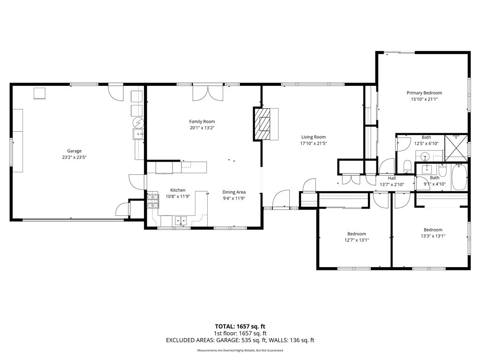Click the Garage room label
click(x=74, y=151)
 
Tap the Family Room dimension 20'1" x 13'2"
click(x=202, y=128)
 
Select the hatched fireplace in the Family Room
click(x=263, y=124)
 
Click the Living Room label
click(x=313, y=137)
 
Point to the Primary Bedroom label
click(x=424, y=93)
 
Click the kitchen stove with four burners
click(x=153, y=201)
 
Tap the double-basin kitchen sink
click(x=180, y=220)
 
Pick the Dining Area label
click(x=233, y=192)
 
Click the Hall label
click(x=392, y=178)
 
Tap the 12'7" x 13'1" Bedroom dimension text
click(x=356, y=240)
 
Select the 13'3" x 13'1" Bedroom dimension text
click(x=433, y=236)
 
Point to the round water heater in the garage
click(x=138, y=123)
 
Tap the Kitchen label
click(x=178, y=190)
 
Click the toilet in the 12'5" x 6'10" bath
click(x=407, y=166)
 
